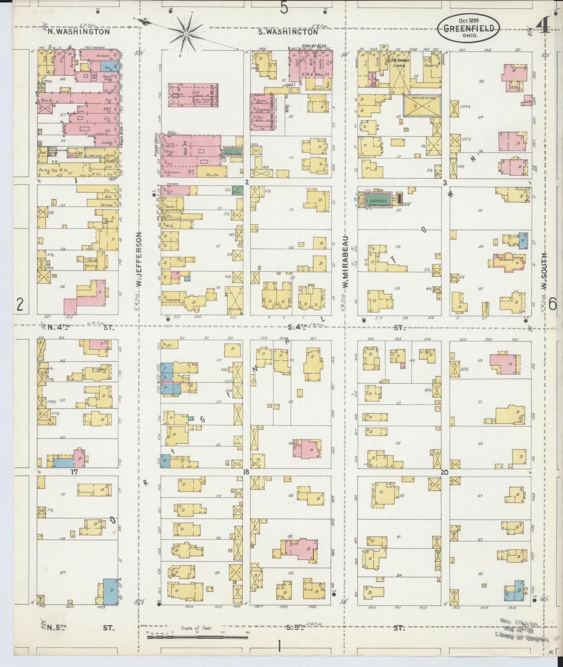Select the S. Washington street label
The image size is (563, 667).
[289, 32]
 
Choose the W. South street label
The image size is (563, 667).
[544, 271]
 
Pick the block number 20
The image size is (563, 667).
[445, 472]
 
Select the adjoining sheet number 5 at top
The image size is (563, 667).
[284, 7]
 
